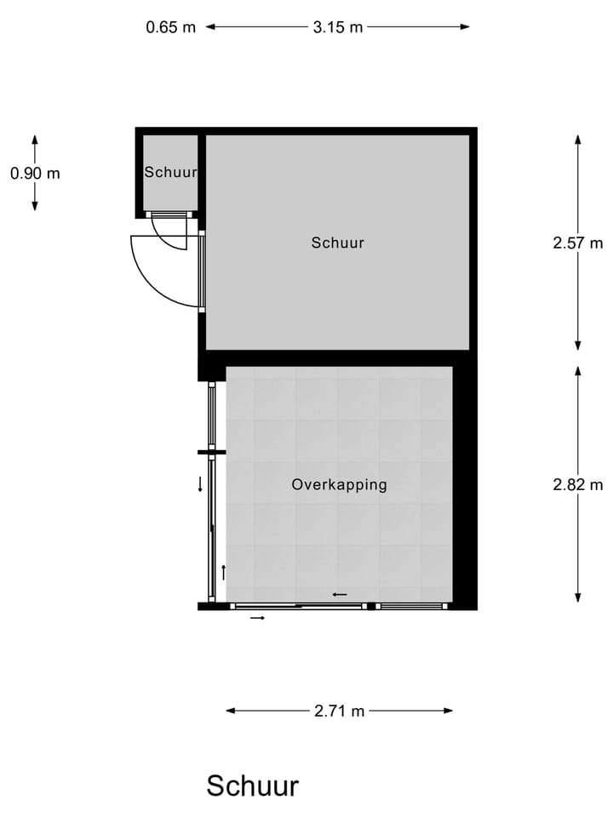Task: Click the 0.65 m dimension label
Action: point(170,26)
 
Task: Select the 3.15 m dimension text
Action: point(337,26)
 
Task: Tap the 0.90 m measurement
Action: point(35,173)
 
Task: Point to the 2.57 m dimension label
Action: point(577,243)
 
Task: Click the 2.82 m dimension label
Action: point(577,484)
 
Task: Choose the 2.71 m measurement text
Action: point(339,711)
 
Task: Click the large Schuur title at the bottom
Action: point(252,786)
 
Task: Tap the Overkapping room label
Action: point(339,484)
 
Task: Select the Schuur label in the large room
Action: point(337,243)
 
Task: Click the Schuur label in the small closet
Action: point(170,172)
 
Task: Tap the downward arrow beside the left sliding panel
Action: point(200,484)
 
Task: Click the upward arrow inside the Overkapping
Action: point(223,572)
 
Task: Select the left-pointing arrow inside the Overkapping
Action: point(340,594)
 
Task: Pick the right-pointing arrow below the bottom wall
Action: point(257,618)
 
